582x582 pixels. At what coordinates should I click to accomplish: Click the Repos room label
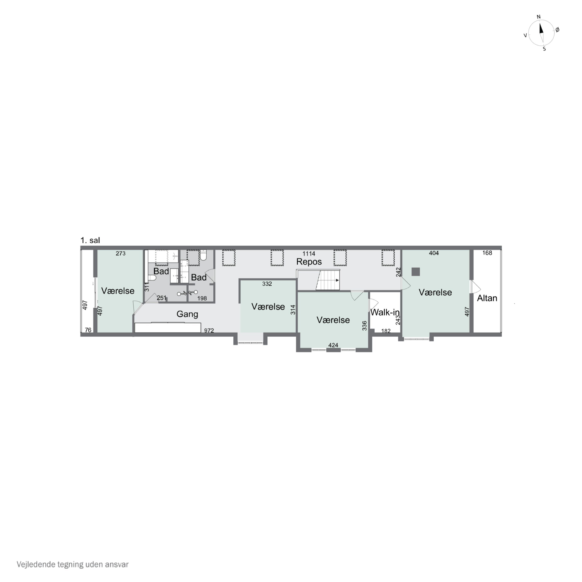point(309,262)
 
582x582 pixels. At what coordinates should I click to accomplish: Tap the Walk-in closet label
point(385,312)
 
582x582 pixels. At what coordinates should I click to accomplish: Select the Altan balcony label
point(487,298)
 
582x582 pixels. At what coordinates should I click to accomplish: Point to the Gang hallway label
point(187,314)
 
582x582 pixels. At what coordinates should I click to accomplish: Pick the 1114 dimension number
point(309,254)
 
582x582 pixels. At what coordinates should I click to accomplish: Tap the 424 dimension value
point(333,345)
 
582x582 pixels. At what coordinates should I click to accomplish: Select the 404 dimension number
point(434,253)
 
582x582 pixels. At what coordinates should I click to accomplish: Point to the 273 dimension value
point(120,253)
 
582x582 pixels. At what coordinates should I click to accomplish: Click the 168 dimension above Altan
point(487,253)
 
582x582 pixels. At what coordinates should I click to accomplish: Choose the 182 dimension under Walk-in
point(386,331)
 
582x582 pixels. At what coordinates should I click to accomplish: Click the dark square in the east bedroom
point(416,272)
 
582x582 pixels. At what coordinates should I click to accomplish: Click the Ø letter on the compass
point(557,29)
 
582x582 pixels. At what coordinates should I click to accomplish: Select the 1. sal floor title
point(90,240)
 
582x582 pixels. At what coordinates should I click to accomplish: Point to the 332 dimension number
point(267,284)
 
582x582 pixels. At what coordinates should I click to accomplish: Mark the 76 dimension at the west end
point(88,330)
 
